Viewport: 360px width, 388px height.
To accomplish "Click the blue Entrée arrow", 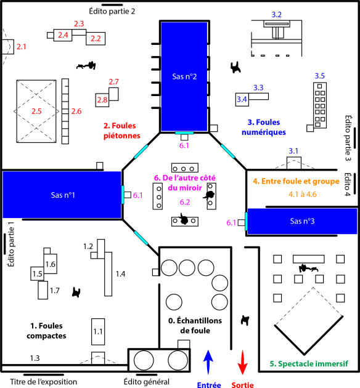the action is pos(208,362).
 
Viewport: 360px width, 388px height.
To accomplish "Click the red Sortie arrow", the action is pos(242,362).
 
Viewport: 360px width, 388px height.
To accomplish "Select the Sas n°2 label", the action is pos(184,77).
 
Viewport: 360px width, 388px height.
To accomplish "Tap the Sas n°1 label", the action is pos(63,195).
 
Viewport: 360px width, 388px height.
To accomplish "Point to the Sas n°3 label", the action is pos(302,221).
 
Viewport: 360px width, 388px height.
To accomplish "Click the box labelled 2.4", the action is pos(63,35).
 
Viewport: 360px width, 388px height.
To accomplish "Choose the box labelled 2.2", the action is pos(96,39).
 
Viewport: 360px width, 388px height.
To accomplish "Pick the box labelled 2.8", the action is pos(102,100).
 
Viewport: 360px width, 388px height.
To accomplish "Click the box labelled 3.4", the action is pos(242,100).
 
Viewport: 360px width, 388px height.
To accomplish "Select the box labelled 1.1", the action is pos(98,331).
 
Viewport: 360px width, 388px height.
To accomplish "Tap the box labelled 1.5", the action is pos(37,273).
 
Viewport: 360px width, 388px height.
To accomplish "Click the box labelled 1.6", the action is pos(51,264).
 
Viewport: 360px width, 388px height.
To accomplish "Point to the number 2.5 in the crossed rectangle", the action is pos(36,111).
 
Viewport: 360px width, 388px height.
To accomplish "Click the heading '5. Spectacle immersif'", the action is pos(309,364).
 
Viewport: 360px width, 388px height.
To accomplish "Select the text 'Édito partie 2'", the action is pos(112,11).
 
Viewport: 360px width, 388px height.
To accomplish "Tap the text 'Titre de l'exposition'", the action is pos(43,382).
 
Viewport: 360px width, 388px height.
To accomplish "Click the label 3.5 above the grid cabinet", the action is pos(320,76).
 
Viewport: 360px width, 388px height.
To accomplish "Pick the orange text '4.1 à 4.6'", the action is pos(302,194).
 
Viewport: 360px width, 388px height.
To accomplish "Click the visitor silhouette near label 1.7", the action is pos(76,293).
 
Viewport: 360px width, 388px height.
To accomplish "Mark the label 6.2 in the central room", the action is pos(185,202).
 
